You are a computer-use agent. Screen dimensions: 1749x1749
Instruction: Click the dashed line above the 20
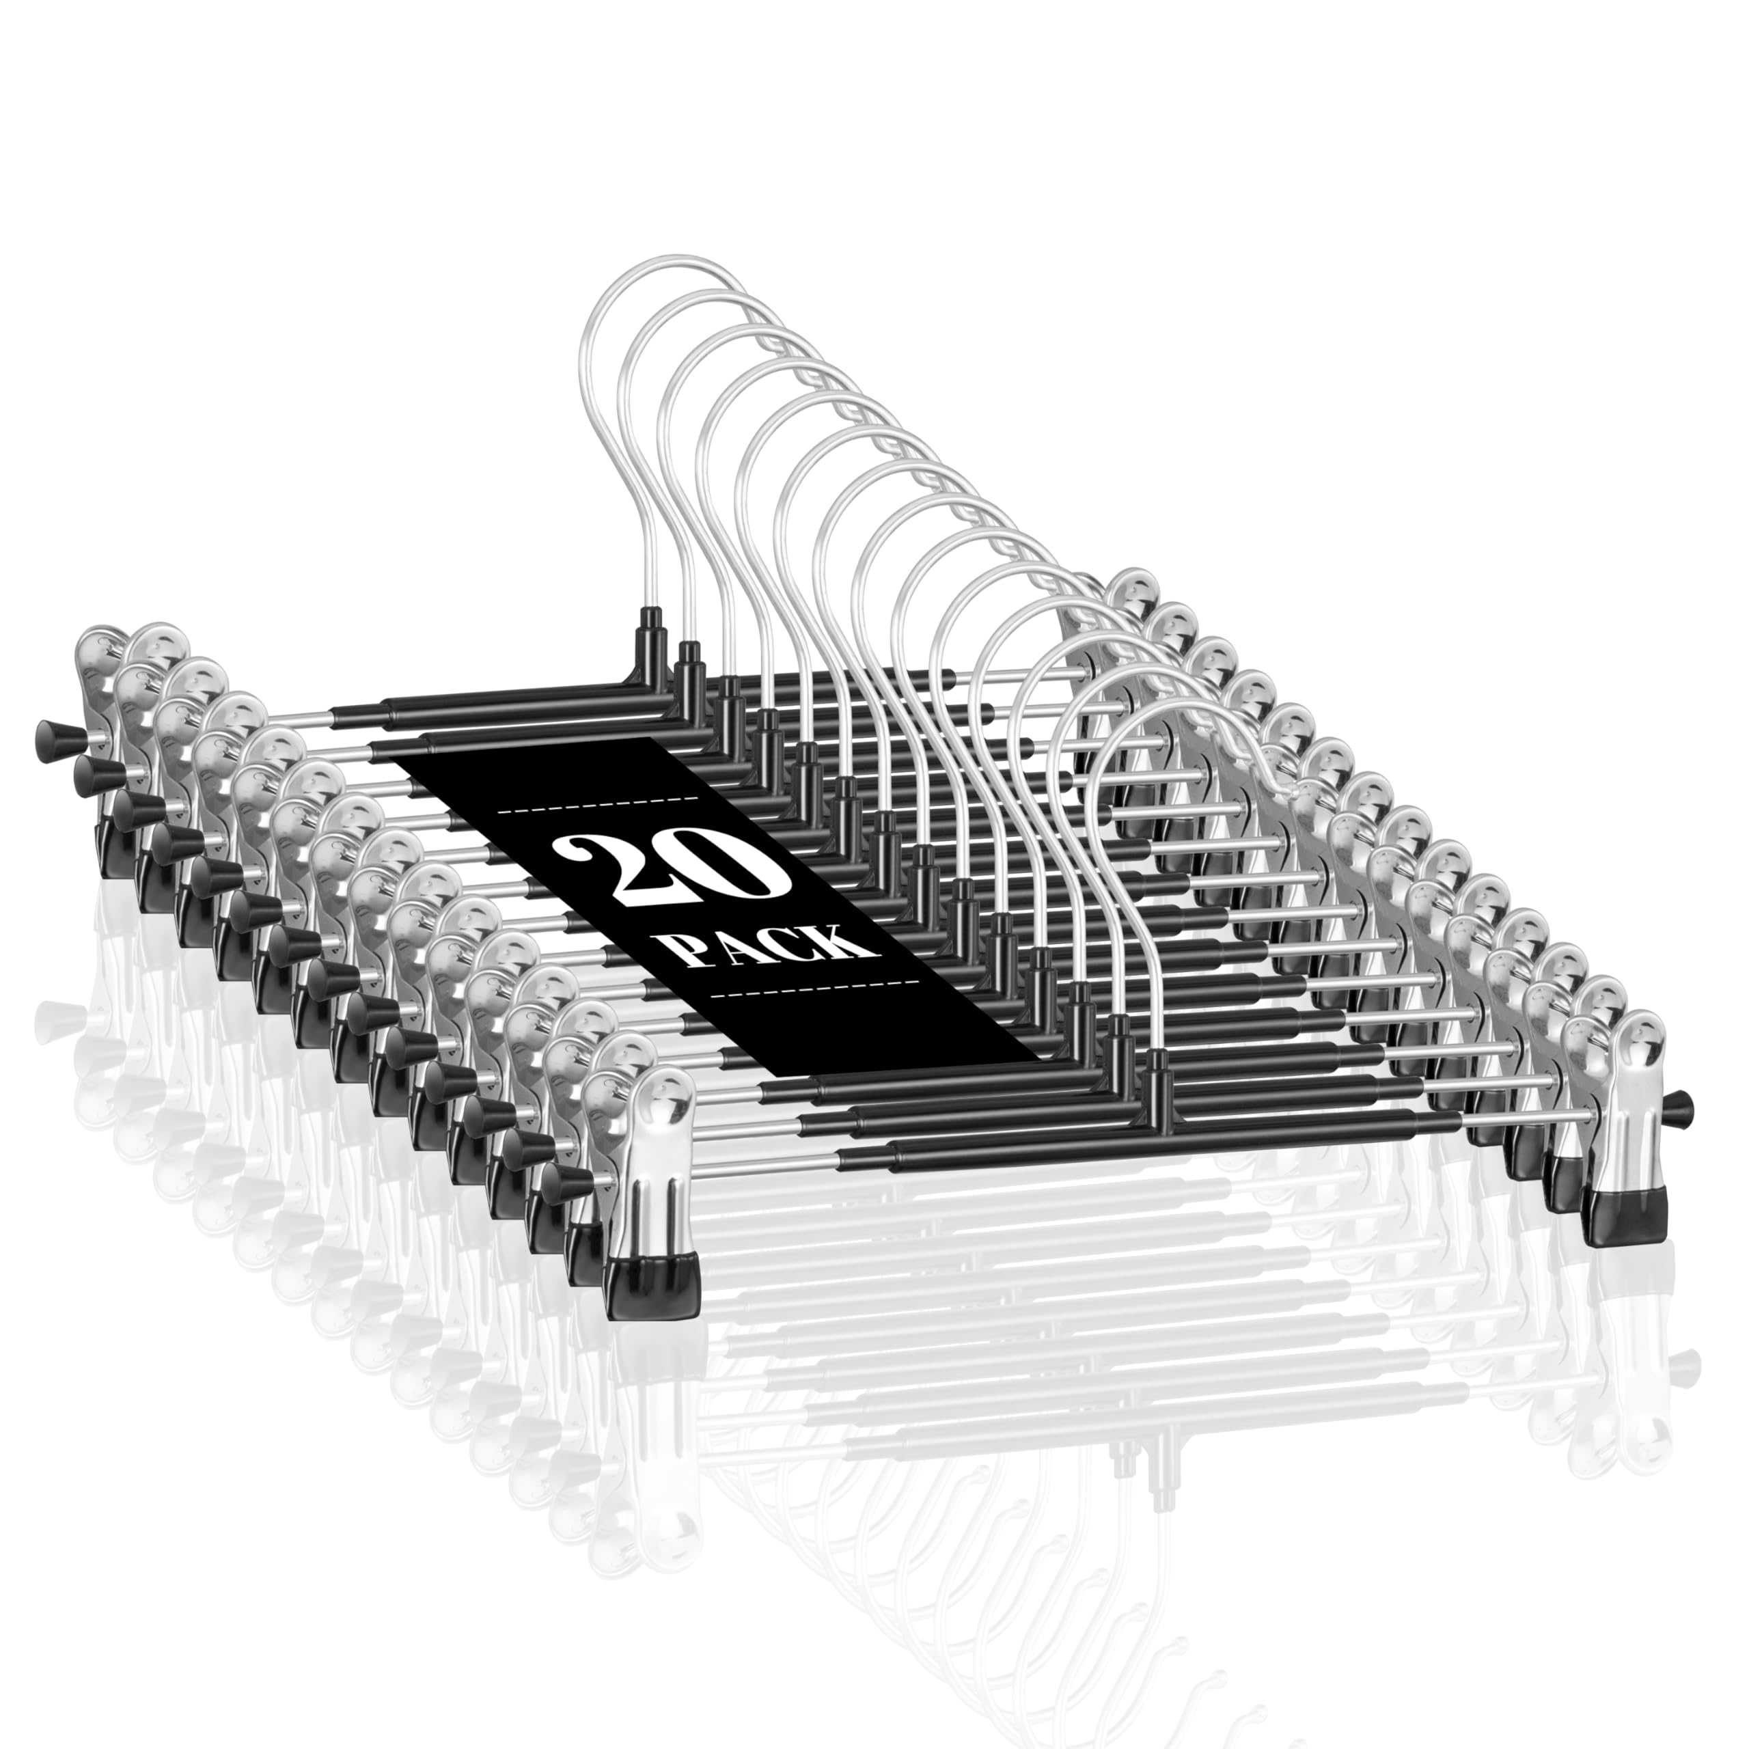pyautogui.click(x=598, y=800)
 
